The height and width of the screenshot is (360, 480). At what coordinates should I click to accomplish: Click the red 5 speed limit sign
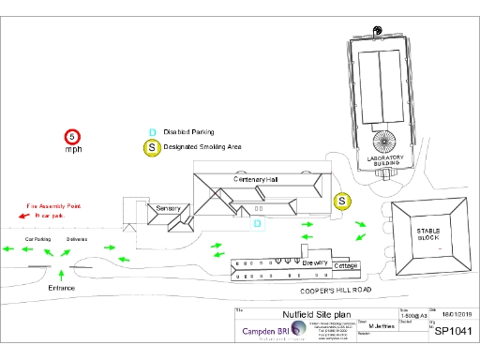point(73,137)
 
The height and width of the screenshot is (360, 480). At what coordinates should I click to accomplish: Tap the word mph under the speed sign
point(73,150)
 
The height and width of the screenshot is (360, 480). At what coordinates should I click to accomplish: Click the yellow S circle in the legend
point(150,147)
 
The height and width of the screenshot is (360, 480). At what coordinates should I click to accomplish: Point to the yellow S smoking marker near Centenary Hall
point(342,201)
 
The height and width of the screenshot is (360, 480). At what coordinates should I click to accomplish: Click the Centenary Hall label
point(256,179)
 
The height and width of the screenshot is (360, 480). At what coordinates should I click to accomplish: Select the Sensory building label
point(168,207)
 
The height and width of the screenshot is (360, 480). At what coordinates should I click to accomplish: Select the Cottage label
point(346,266)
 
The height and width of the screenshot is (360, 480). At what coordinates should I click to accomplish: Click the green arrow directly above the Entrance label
point(61,274)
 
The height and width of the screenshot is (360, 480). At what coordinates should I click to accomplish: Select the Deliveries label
point(77,239)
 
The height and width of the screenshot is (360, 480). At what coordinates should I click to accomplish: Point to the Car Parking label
point(37,239)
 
